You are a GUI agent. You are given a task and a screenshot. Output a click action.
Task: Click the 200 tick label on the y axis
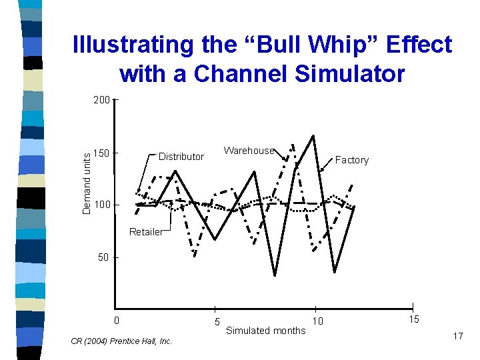101,100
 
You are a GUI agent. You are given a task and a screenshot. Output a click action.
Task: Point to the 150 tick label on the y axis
101,154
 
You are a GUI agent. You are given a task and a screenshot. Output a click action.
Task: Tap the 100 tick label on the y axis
101,205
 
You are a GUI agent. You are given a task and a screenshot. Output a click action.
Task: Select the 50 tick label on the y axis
103,257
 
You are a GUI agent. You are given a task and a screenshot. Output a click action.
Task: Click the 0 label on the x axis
117,320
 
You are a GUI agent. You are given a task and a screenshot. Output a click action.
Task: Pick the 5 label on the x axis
217,322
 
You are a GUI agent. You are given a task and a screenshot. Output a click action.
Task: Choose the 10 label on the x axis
318,322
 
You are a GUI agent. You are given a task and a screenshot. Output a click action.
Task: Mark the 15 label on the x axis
414,320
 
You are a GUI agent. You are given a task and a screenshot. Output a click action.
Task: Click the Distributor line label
181,157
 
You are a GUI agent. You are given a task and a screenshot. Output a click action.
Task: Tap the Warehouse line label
249,151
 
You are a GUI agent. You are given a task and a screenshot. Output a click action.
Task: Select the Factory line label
351,160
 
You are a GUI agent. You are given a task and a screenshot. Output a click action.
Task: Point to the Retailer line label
145,232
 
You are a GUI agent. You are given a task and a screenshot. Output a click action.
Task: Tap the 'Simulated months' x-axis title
266,331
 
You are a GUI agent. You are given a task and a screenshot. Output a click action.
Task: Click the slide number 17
458,336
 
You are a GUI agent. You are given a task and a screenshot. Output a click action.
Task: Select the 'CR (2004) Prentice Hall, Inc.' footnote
121,341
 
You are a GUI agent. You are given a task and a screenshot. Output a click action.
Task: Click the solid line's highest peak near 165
313,135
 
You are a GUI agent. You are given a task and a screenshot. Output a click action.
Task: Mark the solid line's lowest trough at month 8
275,275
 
